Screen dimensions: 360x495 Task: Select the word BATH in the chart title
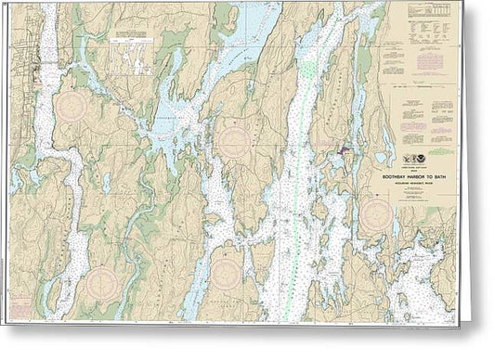point(444,180)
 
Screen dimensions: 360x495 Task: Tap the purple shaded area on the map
point(345,149)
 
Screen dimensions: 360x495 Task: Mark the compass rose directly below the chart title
point(376,216)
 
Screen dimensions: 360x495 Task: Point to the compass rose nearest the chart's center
point(233,142)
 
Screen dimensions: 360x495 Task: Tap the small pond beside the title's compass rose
point(395,224)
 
